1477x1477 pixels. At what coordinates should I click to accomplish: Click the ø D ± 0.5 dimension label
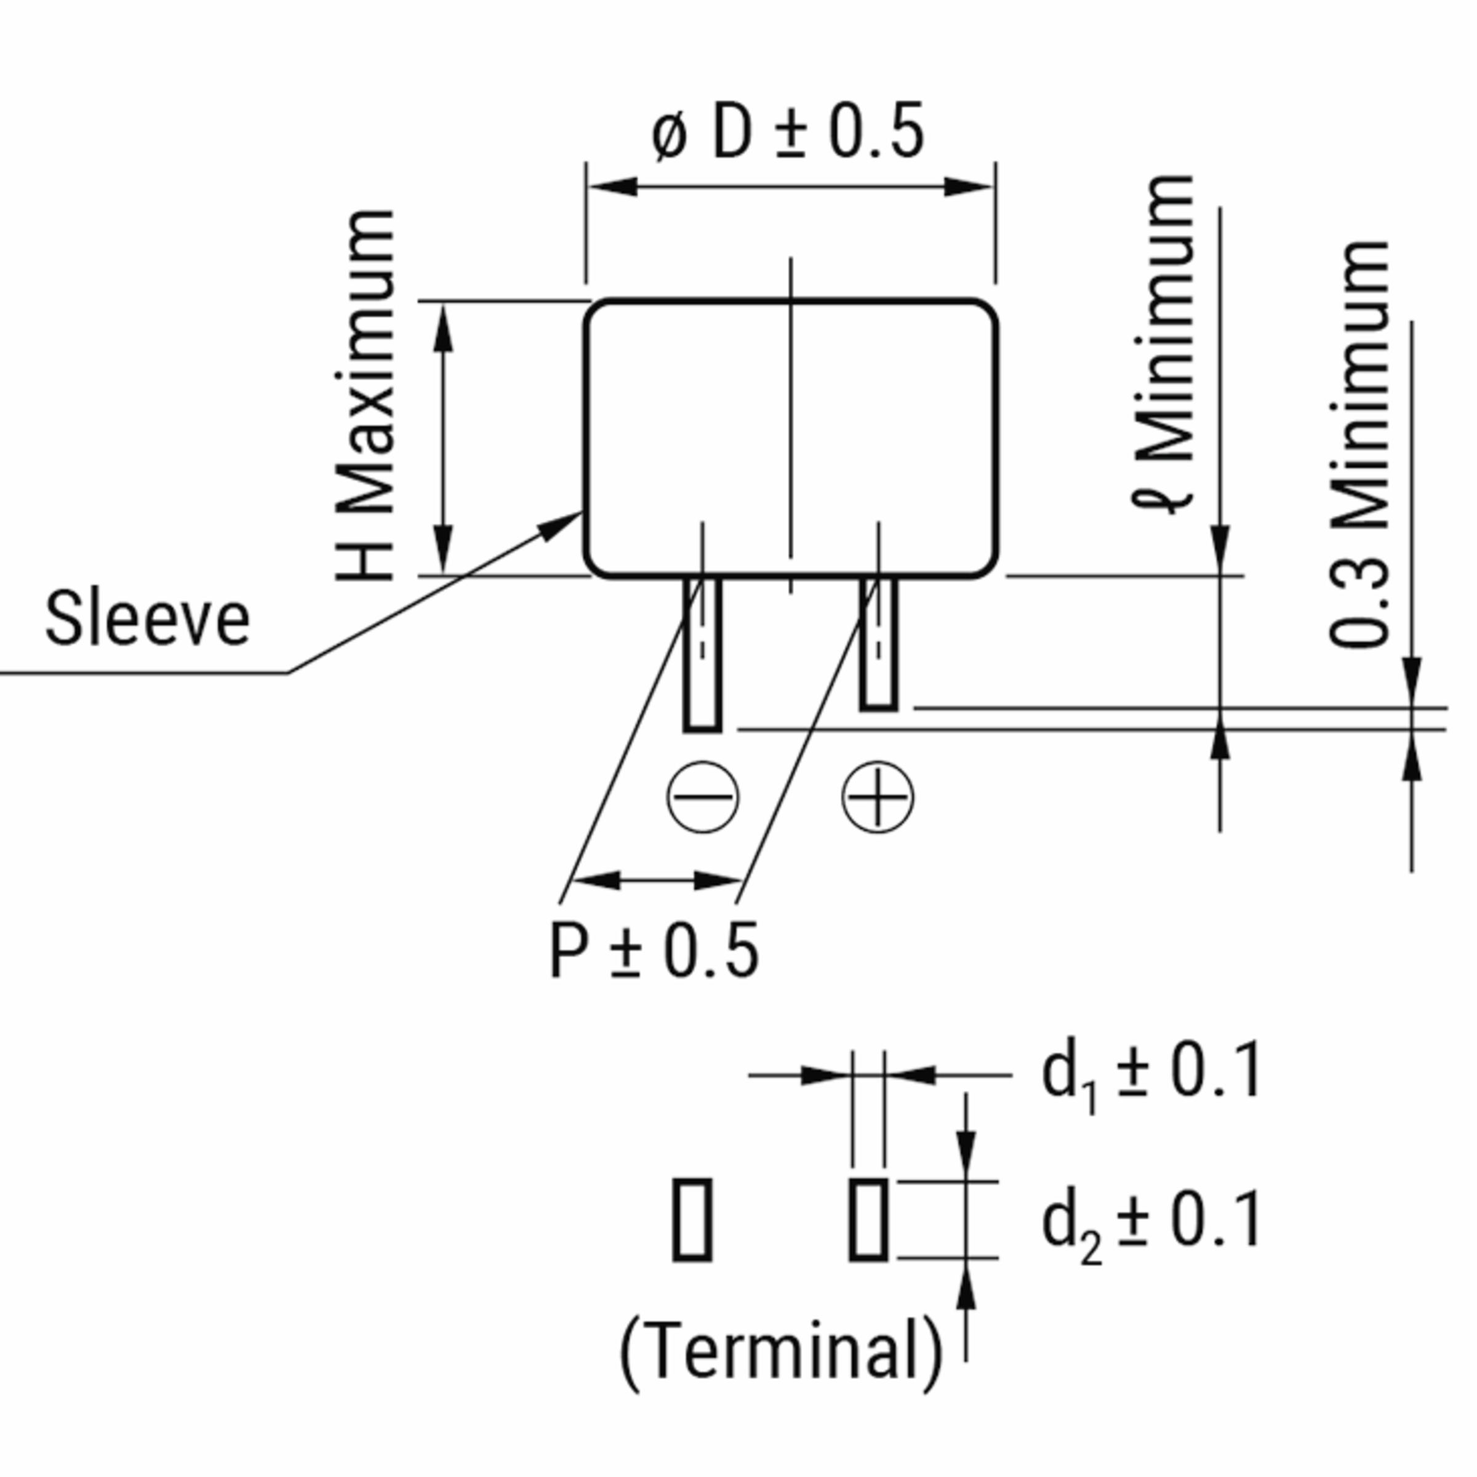[x=788, y=132]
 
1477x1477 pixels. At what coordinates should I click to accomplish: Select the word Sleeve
[x=148, y=619]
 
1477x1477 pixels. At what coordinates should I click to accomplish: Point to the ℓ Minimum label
[x=1164, y=344]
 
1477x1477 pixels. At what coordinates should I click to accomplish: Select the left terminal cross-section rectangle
[x=692, y=1220]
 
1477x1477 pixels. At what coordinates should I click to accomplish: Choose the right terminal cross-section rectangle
[x=868, y=1220]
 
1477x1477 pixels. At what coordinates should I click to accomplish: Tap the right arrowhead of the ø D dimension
[x=968, y=186]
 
